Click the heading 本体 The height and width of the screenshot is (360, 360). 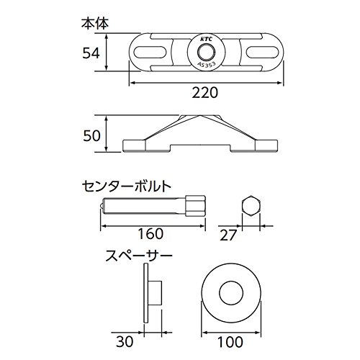pyautogui.click(x=95, y=24)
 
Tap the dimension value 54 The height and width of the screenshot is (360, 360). pyautogui.click(x=91, y=53)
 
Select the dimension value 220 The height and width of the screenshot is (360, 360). pyautogui.click(x=204, y=92)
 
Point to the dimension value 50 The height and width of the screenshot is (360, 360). pyautogui.click(x=91, y=136)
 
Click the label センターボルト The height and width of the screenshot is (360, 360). pyautogui.click(x=127, y=186)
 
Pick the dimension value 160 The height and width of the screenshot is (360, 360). pyautogui.click(x=150, y=233)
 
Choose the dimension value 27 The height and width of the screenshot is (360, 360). pyautogui.click(x=228, y=235)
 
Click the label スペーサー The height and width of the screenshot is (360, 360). pyautogui.click(x=139, y=256)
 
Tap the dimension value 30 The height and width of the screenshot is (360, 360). pyautogui.click(x=125, y=341)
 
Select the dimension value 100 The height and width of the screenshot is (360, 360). pyautogui.click(x=230, y=342)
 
